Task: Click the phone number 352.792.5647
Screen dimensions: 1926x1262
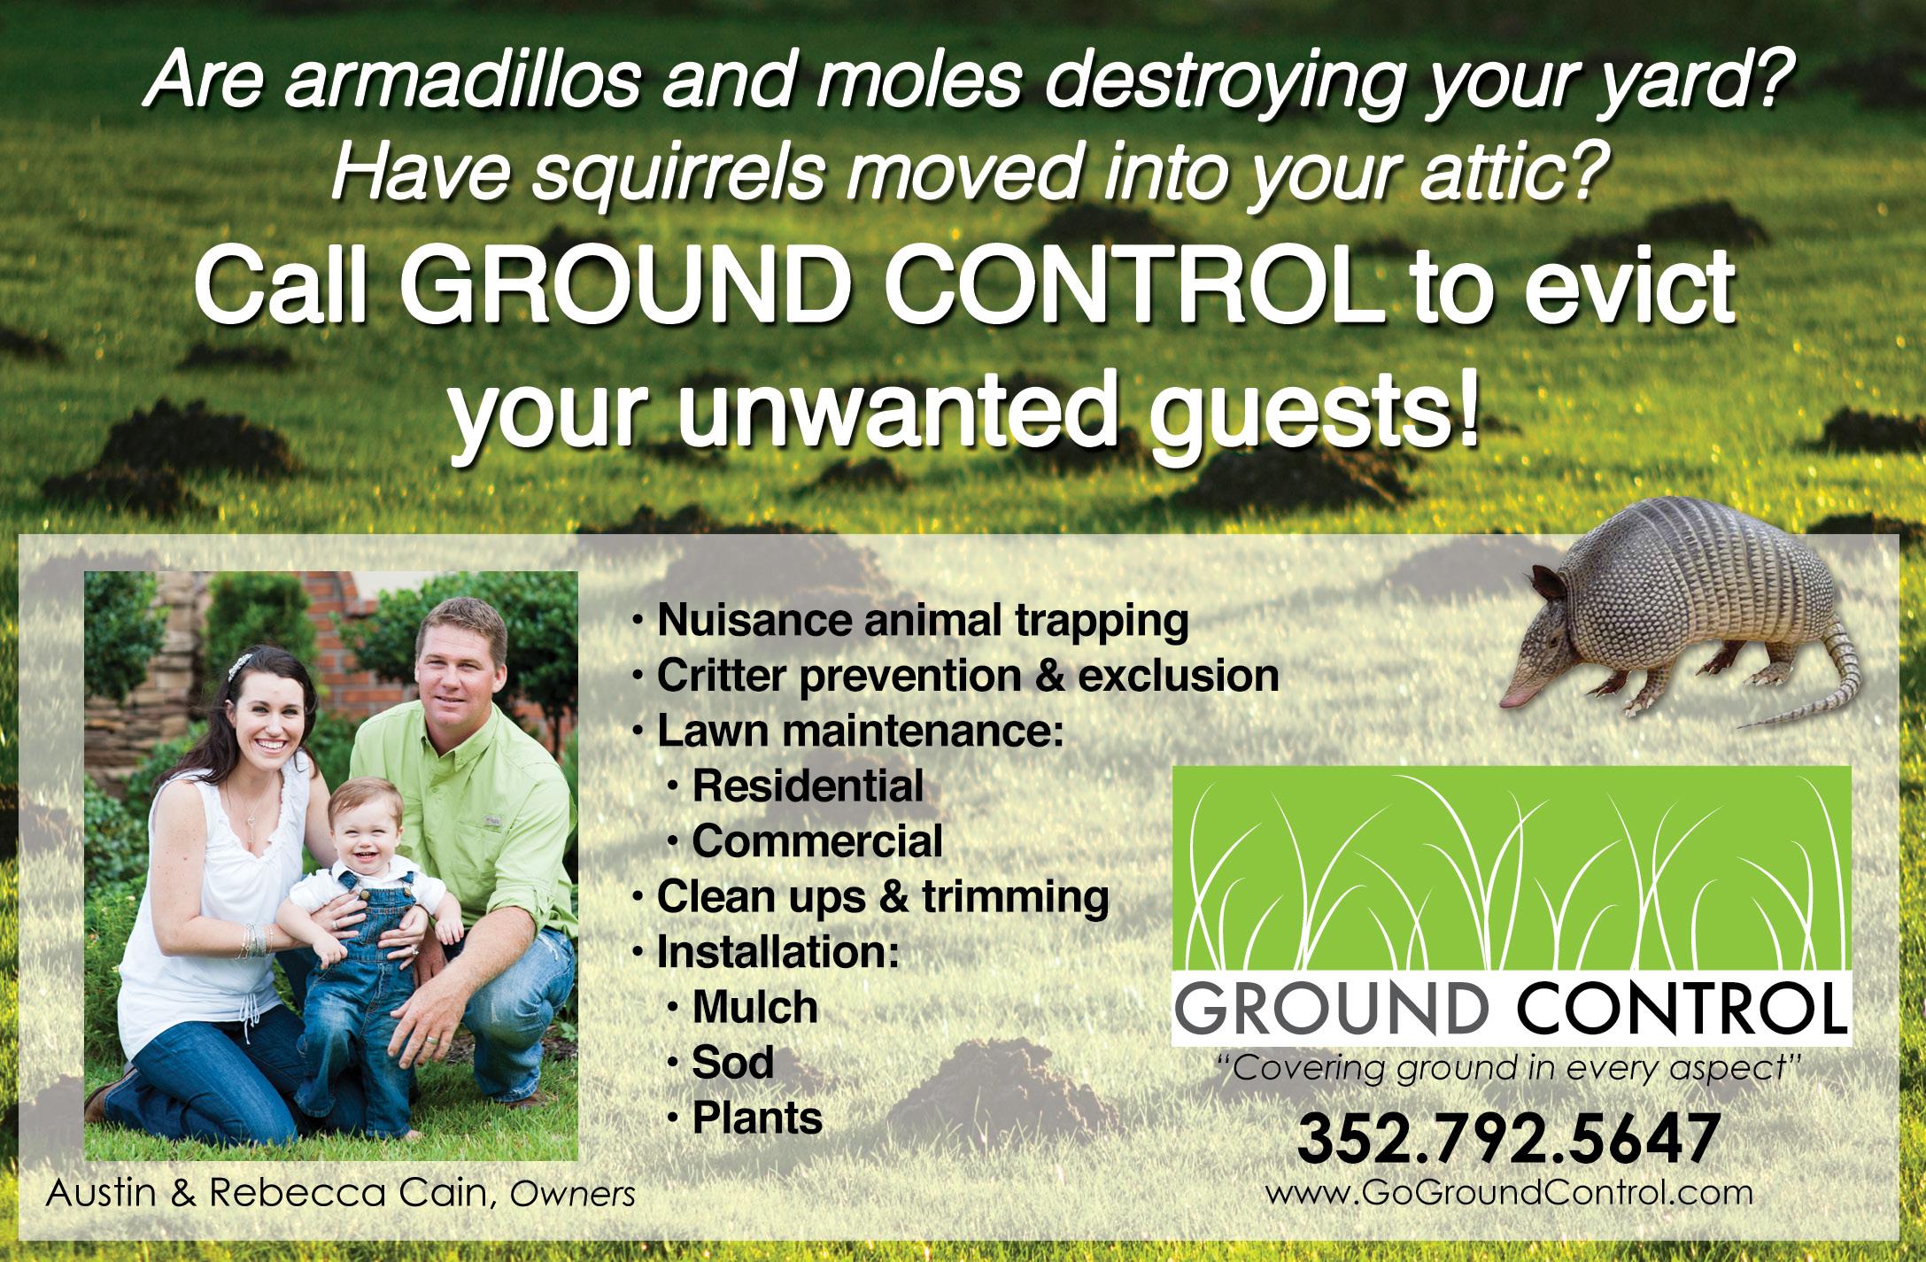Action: [1507, 1141]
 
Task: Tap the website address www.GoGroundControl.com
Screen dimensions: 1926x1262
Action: [1509, 1193]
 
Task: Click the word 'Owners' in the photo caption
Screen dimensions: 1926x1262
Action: [573, 1196]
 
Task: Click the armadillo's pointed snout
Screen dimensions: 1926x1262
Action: [1510, 701]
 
